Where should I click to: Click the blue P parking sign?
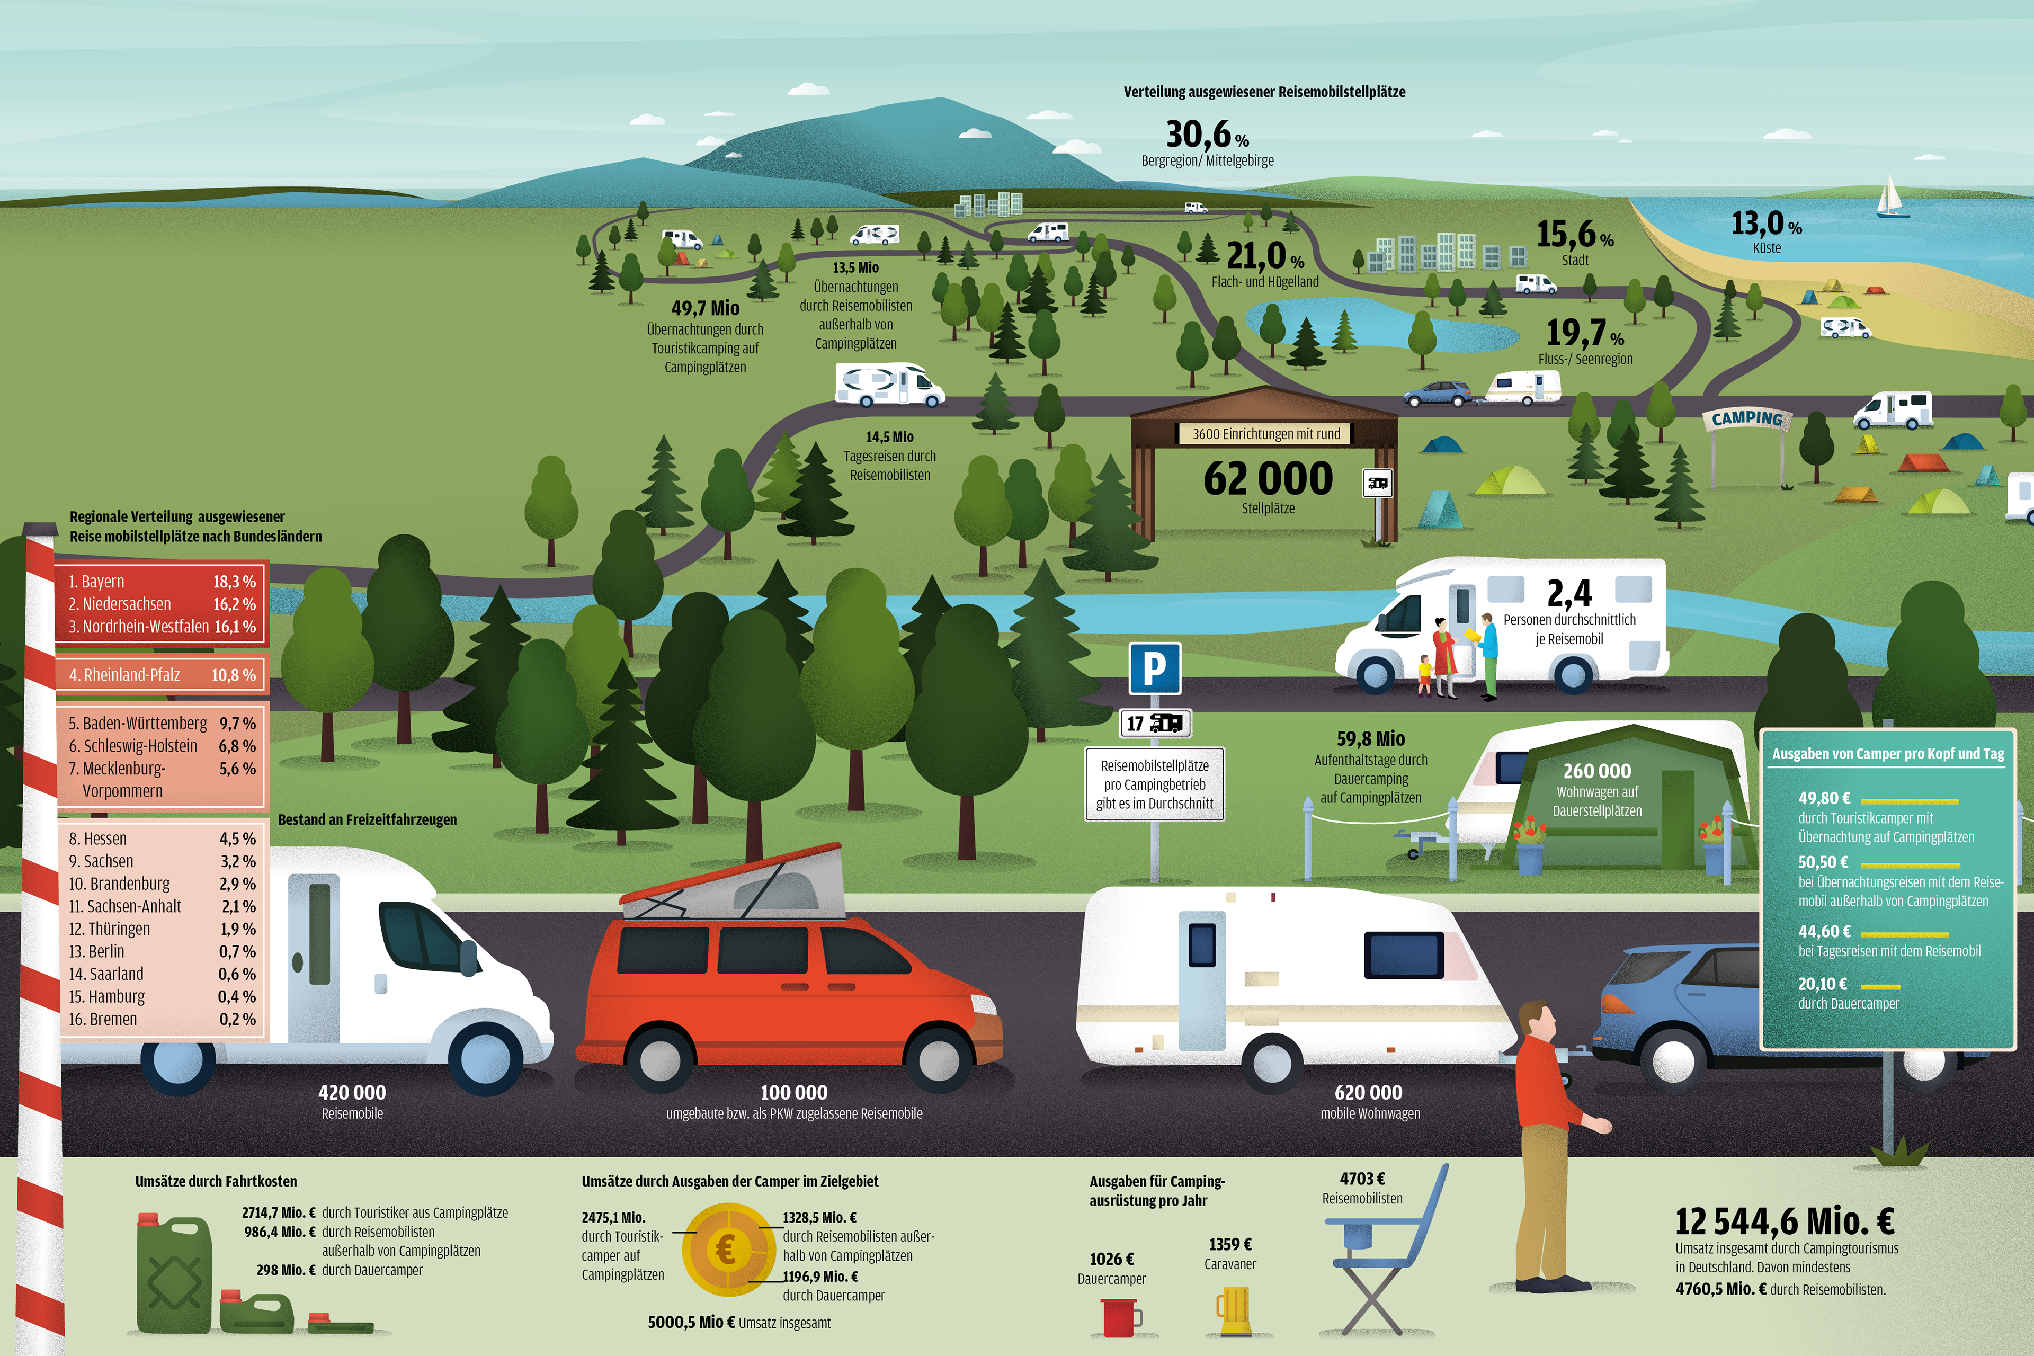pyautogui.click(x=1155, y=668)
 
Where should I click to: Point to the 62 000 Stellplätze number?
pyautogui.click(x=1268, y=479)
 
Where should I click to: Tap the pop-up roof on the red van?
pyautogui.click(x=735, y=886)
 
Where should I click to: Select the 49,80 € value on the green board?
pyautogui.click(x=1824, y=798)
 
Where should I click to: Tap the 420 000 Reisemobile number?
pyautogui.click(x=352, y=1092)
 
